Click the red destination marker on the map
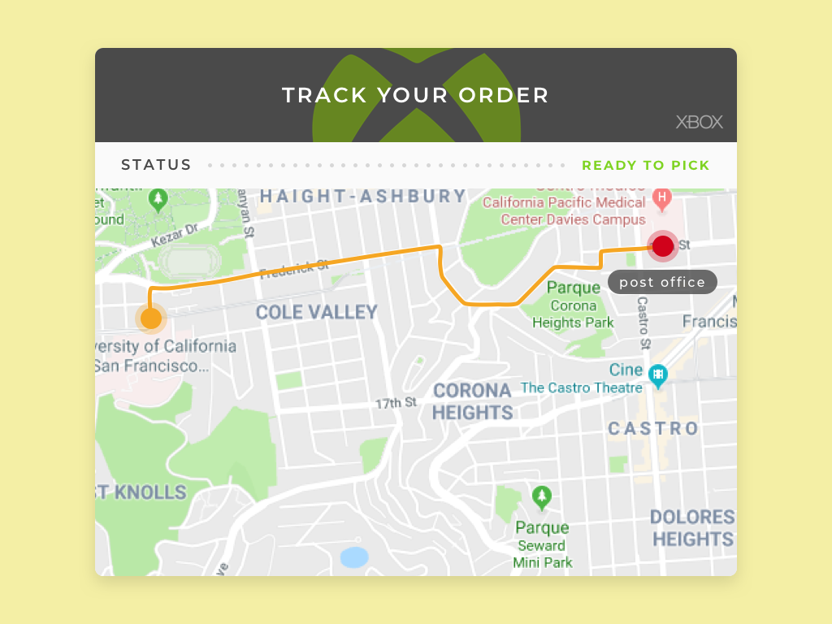tap(663, 245)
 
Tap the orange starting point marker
tap(151, 318)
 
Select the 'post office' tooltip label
tap(662, 282)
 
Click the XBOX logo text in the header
tap(699, 123)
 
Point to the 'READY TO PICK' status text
tap(645, 166)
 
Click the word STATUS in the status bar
tap(156, 166)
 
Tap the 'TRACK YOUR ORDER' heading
tap(415, 95)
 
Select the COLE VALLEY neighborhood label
tap(317, 312)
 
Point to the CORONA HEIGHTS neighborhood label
tap(472, 401)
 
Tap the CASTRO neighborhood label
tap(653, 428)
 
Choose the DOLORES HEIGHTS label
tap(692, 528)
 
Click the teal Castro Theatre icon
tap(658, 375)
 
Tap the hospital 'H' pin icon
tap(662, 197)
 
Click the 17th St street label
tap(396, 403)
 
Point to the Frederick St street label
tap(294, 268)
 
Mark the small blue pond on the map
tap(354, 557)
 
